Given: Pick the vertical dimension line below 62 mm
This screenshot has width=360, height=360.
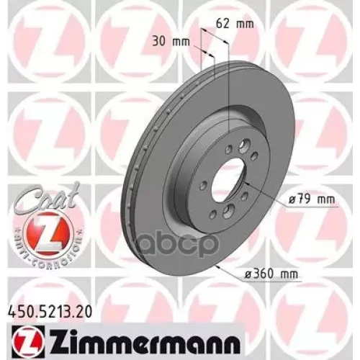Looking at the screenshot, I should click(x=228, y=94).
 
